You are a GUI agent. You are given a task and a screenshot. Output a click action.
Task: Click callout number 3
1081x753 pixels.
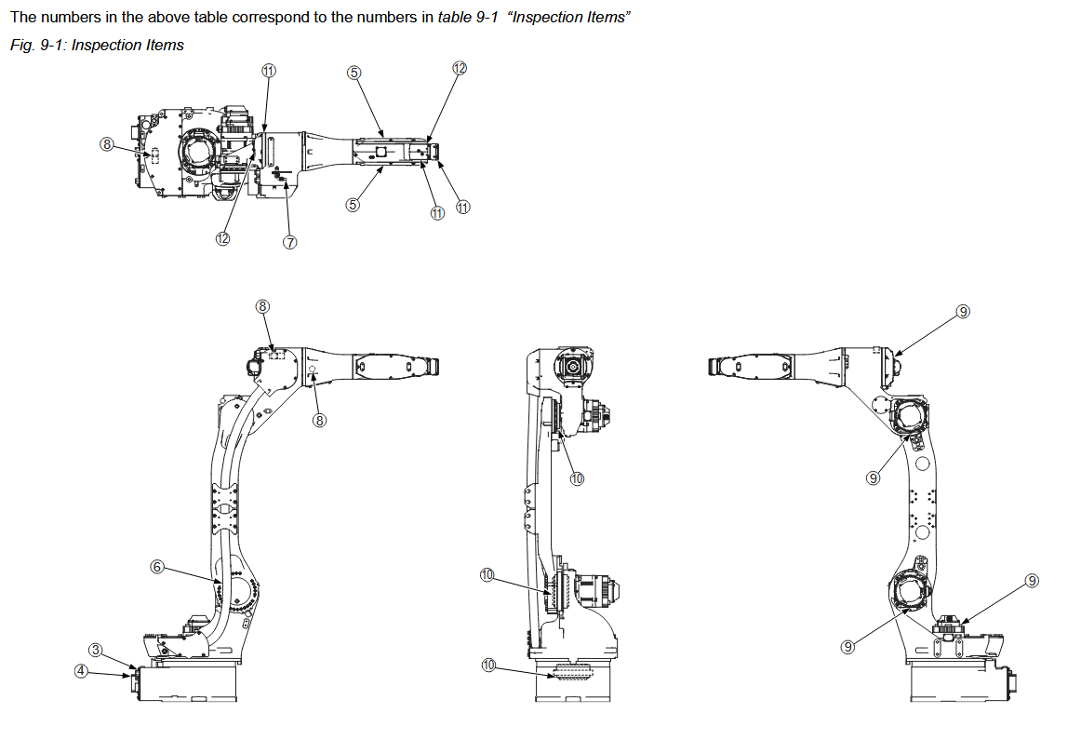click(96, 649)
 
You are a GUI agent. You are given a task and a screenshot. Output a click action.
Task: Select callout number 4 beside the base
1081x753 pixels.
click(82, 670)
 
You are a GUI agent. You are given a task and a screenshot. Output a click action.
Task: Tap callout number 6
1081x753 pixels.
click(156, 566)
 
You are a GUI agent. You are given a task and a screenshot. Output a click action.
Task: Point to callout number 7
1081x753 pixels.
click(289, 242)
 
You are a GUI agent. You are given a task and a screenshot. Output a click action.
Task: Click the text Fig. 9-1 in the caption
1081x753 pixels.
click(33, 46)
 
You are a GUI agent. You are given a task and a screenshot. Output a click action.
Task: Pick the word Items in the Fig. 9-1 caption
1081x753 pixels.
click(164, 46)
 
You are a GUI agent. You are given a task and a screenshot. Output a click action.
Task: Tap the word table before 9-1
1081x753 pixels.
click(455, 19)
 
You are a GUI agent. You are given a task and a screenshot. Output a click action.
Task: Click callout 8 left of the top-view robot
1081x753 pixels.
click(107, 144)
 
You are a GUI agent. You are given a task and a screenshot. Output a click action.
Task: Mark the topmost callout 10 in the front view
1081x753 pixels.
click(577, 478)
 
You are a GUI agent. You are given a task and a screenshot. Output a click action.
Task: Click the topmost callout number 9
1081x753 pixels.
click(963, 311)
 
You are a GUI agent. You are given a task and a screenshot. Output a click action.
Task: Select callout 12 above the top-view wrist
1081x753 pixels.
click(459, 68)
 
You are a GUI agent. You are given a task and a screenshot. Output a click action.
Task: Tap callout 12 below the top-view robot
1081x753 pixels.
click(222, 238)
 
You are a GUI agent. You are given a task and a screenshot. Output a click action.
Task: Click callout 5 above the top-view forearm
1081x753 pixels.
click(354, 73)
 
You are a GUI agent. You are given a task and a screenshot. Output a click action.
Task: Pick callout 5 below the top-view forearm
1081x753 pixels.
click(353, 205)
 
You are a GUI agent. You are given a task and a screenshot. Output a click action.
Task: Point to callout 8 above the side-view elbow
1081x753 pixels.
click(263, 305)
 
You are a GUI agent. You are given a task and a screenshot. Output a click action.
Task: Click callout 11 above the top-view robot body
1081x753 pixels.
click(268, 72)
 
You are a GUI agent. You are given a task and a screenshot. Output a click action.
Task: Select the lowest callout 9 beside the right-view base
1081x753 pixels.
click(847, 647)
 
